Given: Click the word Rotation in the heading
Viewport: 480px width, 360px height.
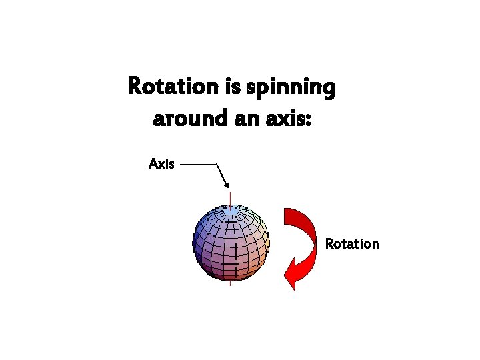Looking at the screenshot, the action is pos(173,87).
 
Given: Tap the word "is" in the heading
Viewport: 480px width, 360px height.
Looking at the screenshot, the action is pos(233,87).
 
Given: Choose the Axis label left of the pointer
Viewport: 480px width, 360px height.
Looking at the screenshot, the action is pos(161,163).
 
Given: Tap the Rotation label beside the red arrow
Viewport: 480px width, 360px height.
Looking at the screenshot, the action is pos(351,244).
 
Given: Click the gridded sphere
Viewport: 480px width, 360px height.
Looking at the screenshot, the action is pos(230,243).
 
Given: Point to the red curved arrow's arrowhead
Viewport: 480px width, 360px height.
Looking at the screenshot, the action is pos(293,273).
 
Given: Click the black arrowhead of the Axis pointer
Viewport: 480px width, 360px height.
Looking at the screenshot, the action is pos(227,185).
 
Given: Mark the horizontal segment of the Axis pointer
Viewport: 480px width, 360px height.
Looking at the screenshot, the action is pos(199,163).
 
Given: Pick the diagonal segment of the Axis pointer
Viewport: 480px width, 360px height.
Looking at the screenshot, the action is pos(222,174).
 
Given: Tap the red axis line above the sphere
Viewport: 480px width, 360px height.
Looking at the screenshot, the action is pos(230,198).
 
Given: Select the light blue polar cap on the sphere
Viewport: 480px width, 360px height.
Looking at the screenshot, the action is pos(230,211).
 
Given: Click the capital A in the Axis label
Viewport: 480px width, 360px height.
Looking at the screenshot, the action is pos(153,163).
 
